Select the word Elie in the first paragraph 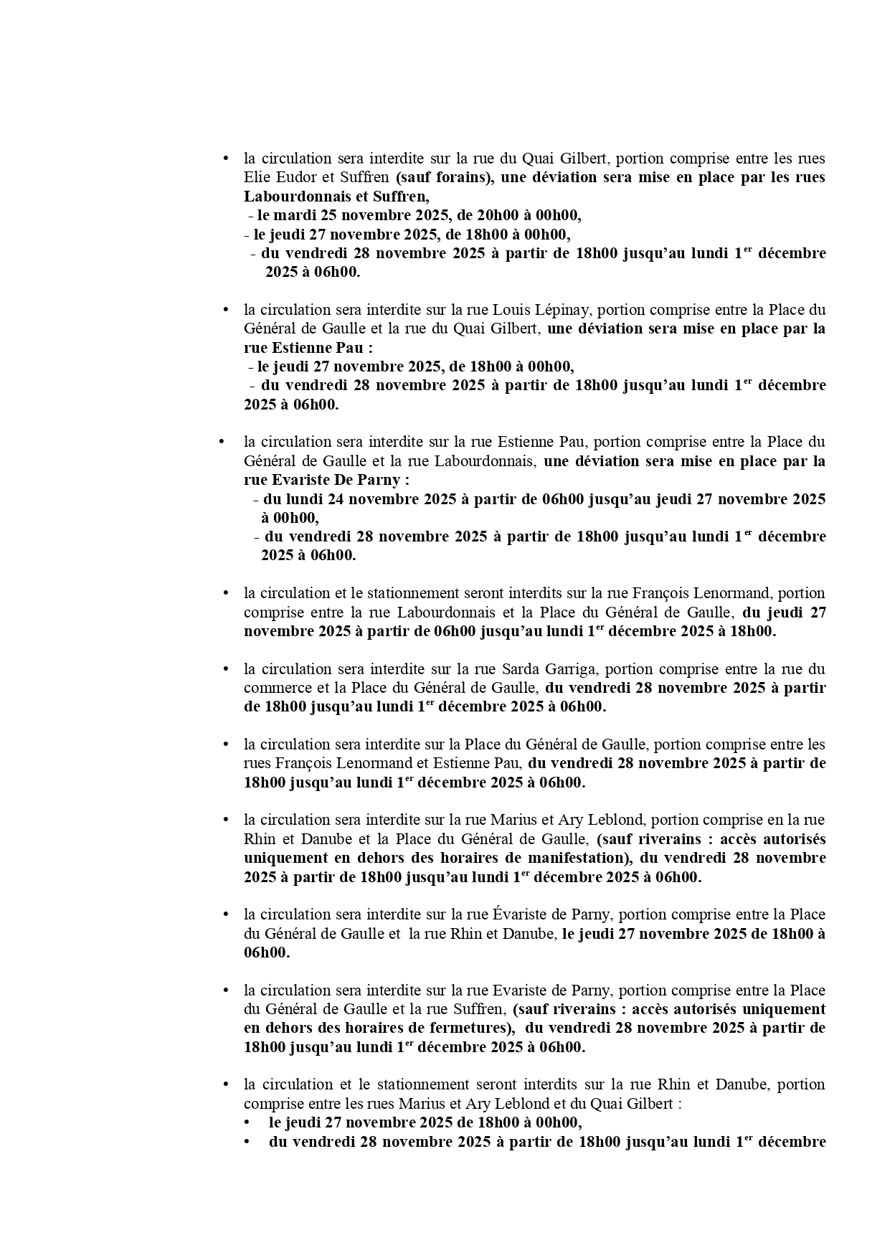[x=254, y=177]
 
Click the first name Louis [x=510, y=310]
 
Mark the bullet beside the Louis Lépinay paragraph [x=225, y=310]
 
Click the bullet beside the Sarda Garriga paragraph [x=225, y=669]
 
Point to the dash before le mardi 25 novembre [x=250, y=215]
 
